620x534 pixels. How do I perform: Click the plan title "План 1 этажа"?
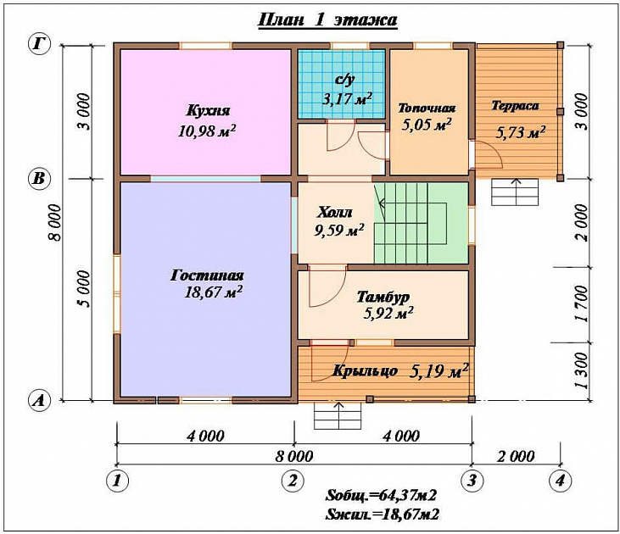pyautogui.click(x=327, y=20)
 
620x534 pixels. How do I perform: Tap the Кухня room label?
pyautogui.click(x=208, y=110)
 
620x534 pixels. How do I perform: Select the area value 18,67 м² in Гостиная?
pyautogui.click(x=213, y=292)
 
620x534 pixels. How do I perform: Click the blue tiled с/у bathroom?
pyautogui.click(x=341, y=84)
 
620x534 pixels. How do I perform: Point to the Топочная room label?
pyautogui.click(x=427, y=108)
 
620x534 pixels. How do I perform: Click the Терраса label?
pyautogui.click(x=515, y=106)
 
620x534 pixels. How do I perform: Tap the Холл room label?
pyautogui.click(x=334, y=213)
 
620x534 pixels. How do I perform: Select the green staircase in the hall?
pyautogui.click(x=422, y=223)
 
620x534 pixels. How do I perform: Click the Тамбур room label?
pyautogui.click(x=383, y=298)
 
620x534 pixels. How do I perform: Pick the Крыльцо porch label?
pyautogui.click(x=365, y=371)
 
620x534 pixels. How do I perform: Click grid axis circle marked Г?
pyautogui.click(x=39, y=44)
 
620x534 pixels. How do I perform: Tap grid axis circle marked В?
pyautogui.click(x=39, y=179)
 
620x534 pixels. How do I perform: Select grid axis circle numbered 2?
pyautogui.click(x=293, y=481)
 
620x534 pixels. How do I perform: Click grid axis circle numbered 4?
pyautogui.click(x=561, y=481)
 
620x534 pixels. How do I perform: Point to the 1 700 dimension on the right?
pyautogui.click(x=582, y=304)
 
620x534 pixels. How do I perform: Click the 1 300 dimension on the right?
pyautogui.click(x=582, y=370)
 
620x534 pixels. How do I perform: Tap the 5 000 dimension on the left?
pyautogui.click(x=84, y=289)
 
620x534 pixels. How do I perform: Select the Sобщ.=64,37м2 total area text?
pyautogui.click(x=381, y=495)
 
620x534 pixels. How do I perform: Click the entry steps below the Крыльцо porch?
pyautogui.click(x=338, y=415)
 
